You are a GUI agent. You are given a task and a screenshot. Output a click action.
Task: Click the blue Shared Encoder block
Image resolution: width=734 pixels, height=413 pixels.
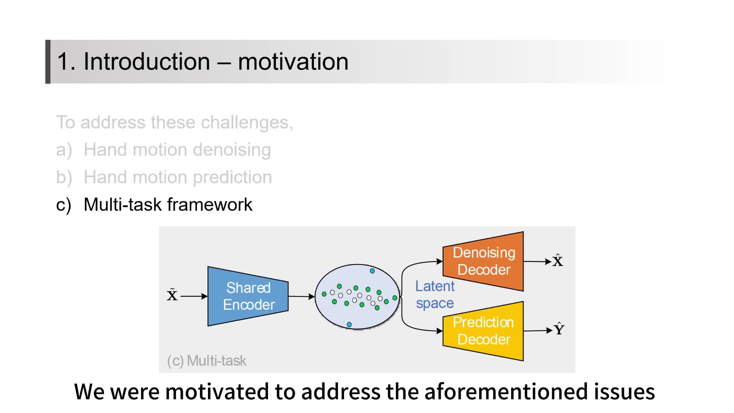point(248,296)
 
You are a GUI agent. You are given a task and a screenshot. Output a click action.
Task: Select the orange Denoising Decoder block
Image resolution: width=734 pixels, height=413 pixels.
point(483,261)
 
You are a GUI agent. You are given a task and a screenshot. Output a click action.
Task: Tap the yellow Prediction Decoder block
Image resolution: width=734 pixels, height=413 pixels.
point(483,331)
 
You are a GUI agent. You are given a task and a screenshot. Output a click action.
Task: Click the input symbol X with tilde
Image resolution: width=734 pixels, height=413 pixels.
point(172,295)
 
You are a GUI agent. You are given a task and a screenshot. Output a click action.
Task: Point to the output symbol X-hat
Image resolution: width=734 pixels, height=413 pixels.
point(558,261)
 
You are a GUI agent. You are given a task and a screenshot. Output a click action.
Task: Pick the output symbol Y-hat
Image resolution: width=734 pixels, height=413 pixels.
point(559,329)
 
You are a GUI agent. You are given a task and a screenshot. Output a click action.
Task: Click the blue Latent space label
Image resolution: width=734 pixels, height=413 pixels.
point(435,294)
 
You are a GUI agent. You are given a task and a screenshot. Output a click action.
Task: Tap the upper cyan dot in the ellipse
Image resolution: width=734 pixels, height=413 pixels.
point(372,271)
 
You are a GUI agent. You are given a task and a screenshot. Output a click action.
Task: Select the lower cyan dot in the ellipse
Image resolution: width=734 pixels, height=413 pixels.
point(349,325)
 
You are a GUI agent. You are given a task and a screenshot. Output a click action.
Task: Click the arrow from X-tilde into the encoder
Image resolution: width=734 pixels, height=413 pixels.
point(194,296)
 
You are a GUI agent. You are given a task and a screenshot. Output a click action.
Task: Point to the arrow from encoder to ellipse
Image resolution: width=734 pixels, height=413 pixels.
point(301,296)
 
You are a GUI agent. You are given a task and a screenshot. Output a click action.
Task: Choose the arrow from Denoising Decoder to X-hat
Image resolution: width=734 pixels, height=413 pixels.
point(537,262)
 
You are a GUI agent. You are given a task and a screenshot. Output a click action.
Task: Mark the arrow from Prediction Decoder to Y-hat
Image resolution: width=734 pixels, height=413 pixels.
point(538,330)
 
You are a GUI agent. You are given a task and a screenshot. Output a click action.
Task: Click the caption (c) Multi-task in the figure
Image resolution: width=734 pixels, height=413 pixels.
point(207,361)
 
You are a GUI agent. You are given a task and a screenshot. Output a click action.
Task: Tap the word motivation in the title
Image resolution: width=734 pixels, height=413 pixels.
point(293,62)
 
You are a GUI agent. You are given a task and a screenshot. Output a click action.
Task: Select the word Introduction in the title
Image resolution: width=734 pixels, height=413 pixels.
point(147,62)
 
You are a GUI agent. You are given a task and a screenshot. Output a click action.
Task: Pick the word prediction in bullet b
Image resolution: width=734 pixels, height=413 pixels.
point(232,177)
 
